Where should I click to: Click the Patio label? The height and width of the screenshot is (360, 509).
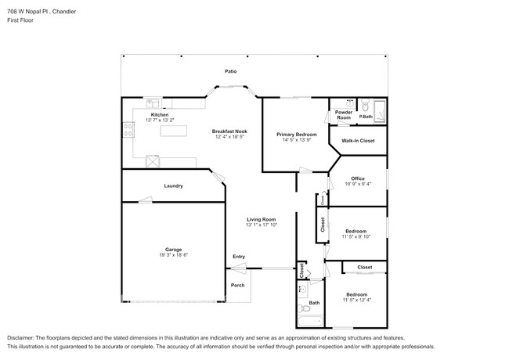click(x=230, y=71)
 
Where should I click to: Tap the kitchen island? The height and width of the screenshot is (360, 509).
click(x=174, y=131)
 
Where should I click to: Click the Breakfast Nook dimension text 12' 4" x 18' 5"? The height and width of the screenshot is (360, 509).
click(x=230, y=137)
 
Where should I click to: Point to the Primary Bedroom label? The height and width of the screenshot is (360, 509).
click(x=296, y=134)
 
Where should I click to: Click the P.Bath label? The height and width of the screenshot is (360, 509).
click(x=366, y=117)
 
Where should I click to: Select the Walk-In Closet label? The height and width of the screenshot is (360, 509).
click(x=358, y=141)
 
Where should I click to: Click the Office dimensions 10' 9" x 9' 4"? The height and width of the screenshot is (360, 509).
click(x=358, y=184)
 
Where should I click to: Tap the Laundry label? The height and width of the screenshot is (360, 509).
click(x=173, y=185)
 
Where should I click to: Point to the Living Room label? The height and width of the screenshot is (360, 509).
click(x=262, y=218)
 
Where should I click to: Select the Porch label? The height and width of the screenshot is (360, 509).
click(x=238, y=285)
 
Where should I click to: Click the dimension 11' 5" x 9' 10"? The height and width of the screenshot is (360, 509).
click(x=356, y=237)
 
